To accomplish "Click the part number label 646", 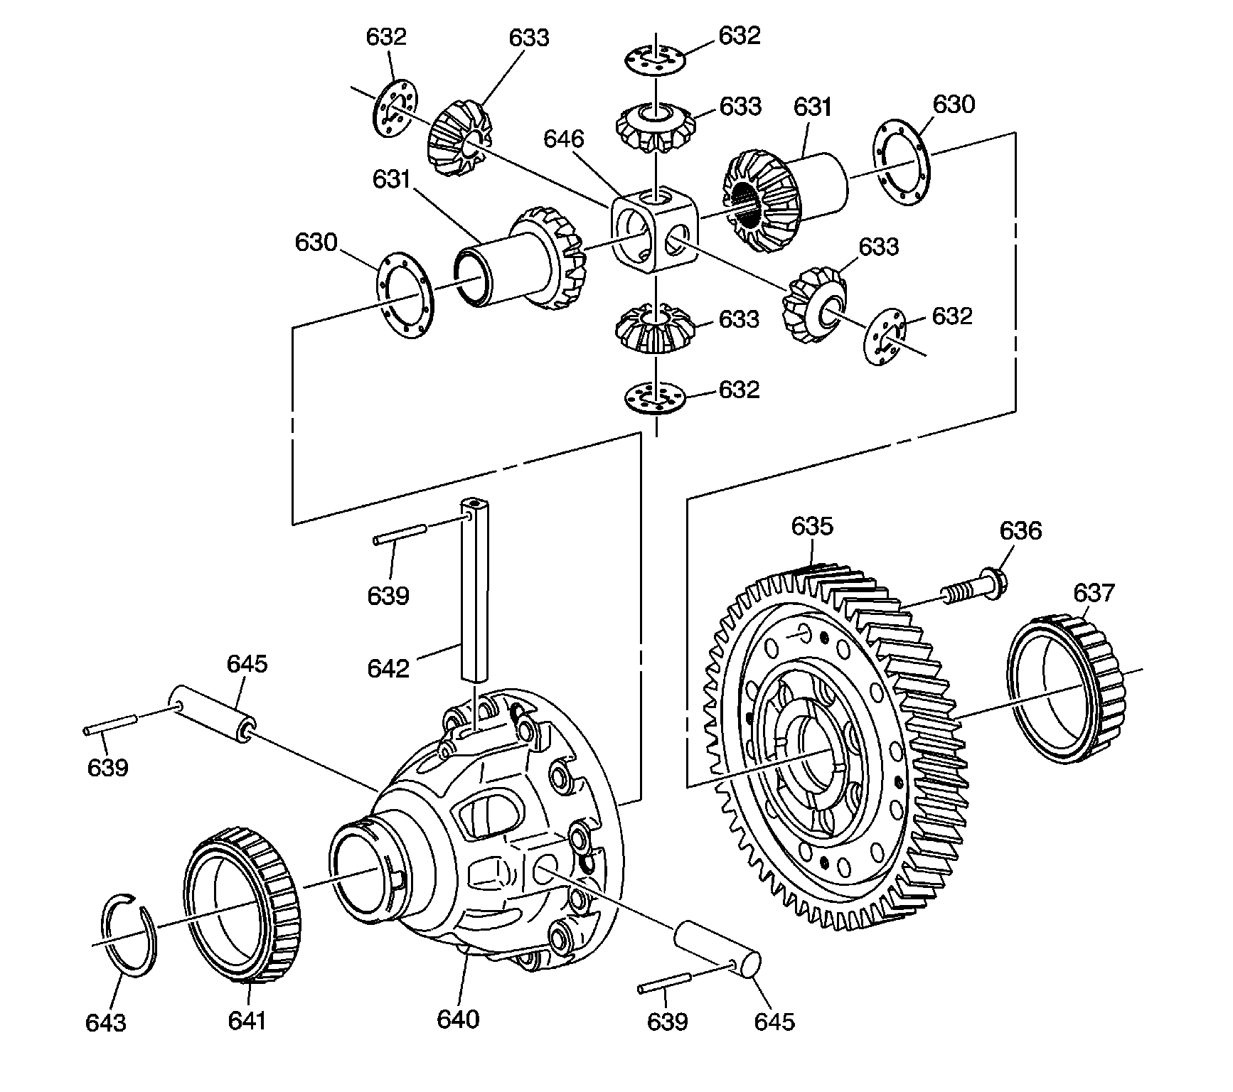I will point(563,139).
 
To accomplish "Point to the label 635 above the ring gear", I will point(811,527).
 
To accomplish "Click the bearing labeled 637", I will point(1067,690).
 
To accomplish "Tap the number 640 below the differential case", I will point(458,1019).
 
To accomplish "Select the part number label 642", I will point(388,668).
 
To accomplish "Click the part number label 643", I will point(105,1023).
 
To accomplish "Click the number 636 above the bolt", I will point(1020,531).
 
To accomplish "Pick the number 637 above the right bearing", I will point(1094,593).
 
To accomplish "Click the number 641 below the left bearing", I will point(247,1020).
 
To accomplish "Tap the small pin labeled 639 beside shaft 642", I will point(399,534).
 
